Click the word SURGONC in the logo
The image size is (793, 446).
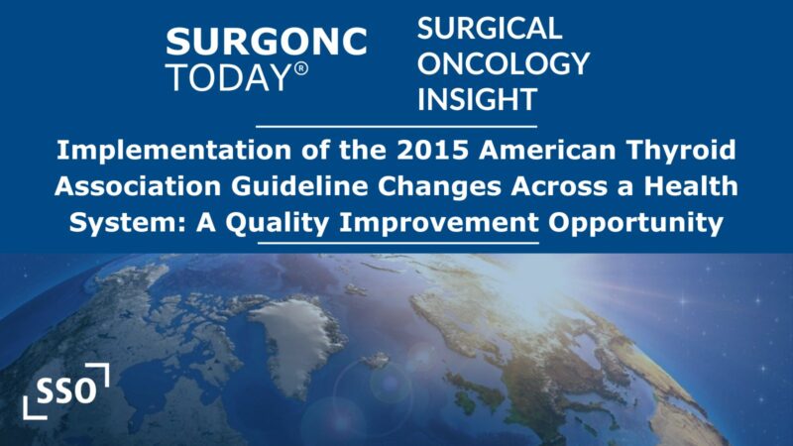click(267, 42)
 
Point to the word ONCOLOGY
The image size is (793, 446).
click(503, 63)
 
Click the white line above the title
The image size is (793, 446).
click(396, 127)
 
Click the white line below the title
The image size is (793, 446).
click(396, 243)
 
